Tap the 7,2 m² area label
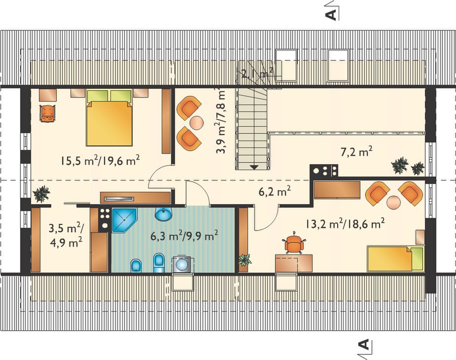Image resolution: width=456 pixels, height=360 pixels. click(x=356, y=151)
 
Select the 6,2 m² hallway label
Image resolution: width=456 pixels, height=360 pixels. click(x=275, y=191)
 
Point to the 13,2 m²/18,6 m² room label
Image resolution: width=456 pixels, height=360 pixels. click(x=345, y=223)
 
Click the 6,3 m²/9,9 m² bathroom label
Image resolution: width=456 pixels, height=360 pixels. click(x=184, y=235)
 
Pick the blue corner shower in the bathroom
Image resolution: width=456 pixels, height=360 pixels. click(x=124, y=220)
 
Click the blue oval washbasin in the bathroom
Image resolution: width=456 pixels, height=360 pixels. click(x=164, y=214)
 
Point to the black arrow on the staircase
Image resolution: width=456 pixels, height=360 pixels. click(x=254, y=167)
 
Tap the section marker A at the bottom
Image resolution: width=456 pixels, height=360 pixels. click(x=365, y=348)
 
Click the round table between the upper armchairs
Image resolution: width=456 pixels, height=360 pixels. click(x=197, y=122)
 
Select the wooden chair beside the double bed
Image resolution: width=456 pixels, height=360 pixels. click(x=48, y=113)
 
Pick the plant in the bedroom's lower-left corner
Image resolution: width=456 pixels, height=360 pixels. click(x=41, y=193)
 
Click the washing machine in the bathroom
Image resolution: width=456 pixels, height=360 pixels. click(x=182, y=264)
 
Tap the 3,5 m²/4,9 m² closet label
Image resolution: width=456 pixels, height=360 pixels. click(x=66, y=235)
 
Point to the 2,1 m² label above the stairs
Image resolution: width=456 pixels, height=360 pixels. click(x=257, y=73)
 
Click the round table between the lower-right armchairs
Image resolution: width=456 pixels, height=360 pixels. click(x=393, y=203)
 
